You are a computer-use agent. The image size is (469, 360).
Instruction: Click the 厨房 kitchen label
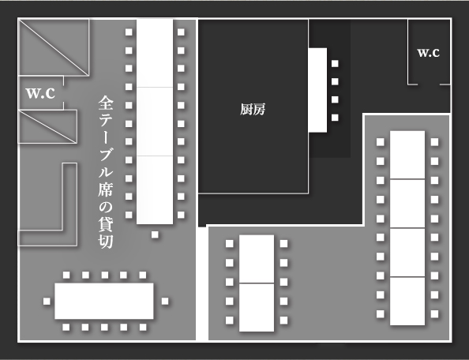(253, 109)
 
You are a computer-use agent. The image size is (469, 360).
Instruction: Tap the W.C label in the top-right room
(428, 53)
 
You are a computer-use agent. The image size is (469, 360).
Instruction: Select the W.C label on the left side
(41, 93)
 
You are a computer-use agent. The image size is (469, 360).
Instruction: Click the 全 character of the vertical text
(106, 103)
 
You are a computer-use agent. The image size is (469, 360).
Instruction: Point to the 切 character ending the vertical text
(106, 242)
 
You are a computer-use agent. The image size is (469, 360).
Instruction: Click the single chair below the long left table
(155, 234)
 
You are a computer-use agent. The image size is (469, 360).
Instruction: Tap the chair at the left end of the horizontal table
(47, 301)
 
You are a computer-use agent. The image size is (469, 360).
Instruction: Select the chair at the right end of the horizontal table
(165, 301)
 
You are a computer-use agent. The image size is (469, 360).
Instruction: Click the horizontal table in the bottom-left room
(104, 301)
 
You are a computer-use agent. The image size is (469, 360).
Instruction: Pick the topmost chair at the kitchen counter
(335, 63)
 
